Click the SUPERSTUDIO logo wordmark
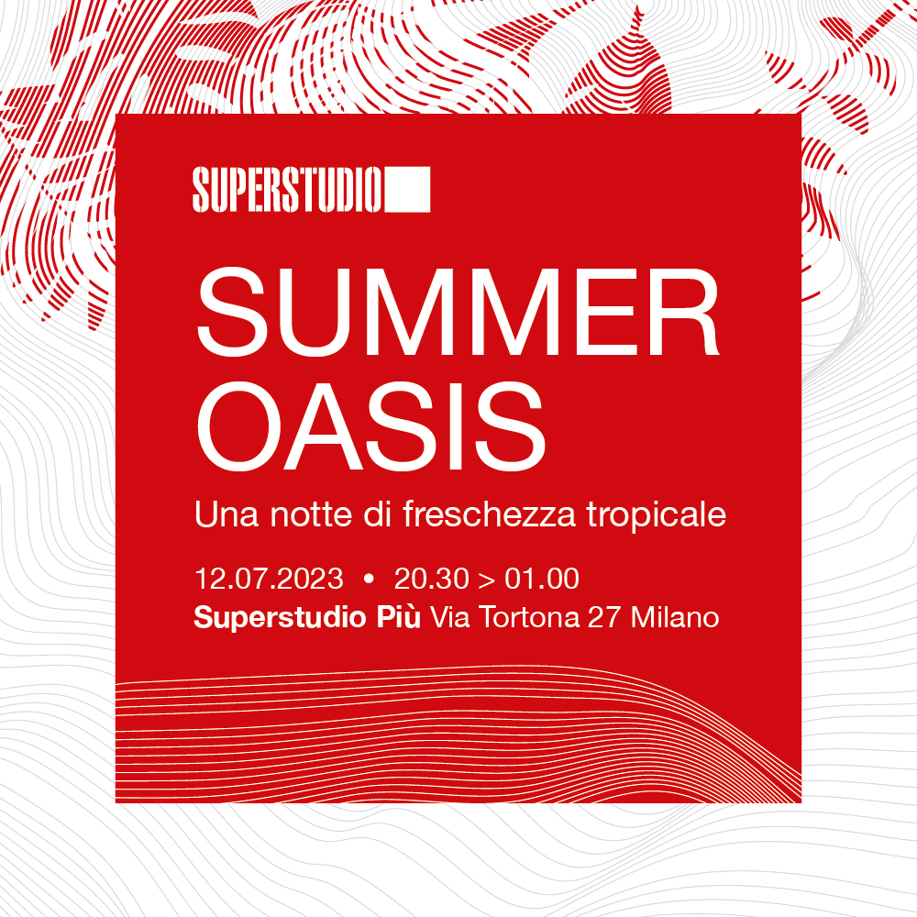[x=287, y=190]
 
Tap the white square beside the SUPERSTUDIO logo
[x=407, y=190]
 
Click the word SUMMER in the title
[x=458, y=312]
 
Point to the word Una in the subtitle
[x=226, y=514]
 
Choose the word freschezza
[x=489, y=514]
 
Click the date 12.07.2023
[x=269, y=579]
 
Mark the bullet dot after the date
[x=369, y=579]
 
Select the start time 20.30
[x=432, y=579]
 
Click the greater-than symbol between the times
[x=487, y=580]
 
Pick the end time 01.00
[x=542, y=579]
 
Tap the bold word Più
[x=398, y=617]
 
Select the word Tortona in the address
[x=529, y=618]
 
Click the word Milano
[x=675, y=618]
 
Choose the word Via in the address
[x=450, y=618]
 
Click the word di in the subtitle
[x=377, y=514]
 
